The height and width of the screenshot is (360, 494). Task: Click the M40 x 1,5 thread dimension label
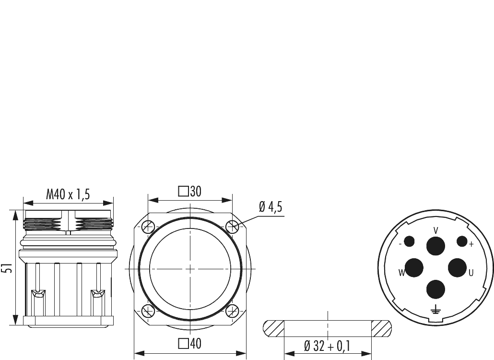tap(68, 194)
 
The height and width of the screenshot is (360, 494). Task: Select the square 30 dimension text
tap(190, 192)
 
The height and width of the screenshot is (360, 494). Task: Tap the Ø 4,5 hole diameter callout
tap(271, 207)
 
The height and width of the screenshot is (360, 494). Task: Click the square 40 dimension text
tap(190, 344)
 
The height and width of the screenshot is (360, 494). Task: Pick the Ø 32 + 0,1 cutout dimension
tap(328, 346)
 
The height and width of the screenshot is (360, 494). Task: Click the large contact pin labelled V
tap(435, 246)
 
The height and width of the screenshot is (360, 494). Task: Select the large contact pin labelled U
tap(457, 267)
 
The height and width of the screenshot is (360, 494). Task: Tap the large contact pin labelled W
tap(414, 267)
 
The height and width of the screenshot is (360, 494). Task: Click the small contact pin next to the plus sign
tap(461, 241)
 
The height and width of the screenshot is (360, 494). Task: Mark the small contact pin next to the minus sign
tap(409, 241)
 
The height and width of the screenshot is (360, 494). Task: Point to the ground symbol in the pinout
tap(435, 311)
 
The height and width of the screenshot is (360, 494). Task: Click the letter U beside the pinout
tap(471, 273)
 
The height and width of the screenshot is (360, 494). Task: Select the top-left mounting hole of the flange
tap(148, 227)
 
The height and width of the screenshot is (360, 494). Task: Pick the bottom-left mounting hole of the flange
tap(148, 311)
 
